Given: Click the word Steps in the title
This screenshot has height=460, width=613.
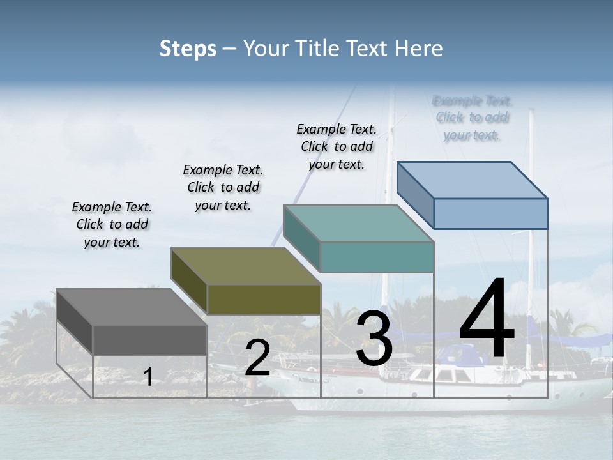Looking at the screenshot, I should pos(188,49).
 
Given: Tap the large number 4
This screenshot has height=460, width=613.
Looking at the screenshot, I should pos(487,319).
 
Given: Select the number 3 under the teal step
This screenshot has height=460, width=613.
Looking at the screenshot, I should pos(374,339).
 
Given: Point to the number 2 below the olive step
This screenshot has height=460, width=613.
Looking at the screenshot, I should pos(257,358).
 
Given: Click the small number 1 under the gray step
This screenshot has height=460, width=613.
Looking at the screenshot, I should pos(148,377).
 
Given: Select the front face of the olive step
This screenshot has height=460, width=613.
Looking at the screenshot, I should pos(264,299).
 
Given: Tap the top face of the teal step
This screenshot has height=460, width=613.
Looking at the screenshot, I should pos(358,224).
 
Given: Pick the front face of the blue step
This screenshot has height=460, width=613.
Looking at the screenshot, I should pos(490,213).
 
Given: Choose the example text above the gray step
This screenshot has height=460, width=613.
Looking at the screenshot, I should pos(112,224).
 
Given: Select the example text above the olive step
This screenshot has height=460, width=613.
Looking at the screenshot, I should pos(223,187).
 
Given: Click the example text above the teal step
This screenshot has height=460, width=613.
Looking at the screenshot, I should pos(337,146).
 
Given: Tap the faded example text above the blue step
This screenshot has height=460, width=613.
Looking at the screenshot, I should pos(472,118).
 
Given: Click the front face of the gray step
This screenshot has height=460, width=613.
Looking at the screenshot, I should pos(149,340).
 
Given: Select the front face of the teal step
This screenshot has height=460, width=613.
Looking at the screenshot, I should pos(377,257).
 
